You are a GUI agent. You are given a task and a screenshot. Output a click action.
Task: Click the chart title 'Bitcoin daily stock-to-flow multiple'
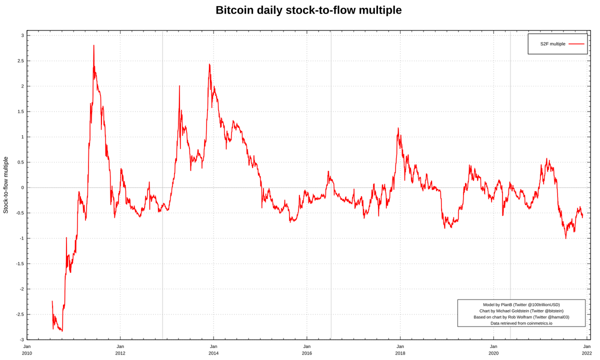click(x=308, y=10)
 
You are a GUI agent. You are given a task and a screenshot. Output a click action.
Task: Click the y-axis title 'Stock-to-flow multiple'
click(x=6, y=185)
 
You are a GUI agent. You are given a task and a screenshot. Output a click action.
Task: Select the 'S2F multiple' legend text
click(x=552, y=44)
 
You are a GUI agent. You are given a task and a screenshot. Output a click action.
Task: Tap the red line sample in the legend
click(x=576, y=44)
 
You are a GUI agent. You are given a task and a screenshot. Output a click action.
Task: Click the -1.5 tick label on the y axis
click(x=19, y=263)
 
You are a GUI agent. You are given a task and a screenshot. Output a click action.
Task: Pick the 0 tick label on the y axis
click(x=22, y=187)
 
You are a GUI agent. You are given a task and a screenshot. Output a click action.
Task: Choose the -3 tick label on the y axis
click(x=21, y=339)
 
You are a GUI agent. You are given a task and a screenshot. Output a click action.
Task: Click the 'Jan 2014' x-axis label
click(x=213, y=349)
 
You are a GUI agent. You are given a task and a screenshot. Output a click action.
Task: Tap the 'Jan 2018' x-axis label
click(x=400, y=349)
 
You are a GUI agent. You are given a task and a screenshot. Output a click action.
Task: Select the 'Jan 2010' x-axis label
click(x=27, y=349)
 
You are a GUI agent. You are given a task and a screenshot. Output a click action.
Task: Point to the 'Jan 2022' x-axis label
click(x=586, y=349)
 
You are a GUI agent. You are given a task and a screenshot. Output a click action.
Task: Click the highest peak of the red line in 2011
click(x=93, y=46)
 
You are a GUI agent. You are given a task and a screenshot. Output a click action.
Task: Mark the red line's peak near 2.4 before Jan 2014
click(x=209, y=64)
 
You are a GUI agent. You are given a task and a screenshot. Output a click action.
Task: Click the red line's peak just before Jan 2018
click(x=398, y=128)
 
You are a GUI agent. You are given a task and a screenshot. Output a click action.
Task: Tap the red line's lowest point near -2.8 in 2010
click(x=62, y=330)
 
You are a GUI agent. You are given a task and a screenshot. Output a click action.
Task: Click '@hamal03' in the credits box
click(x=555, y=317)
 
